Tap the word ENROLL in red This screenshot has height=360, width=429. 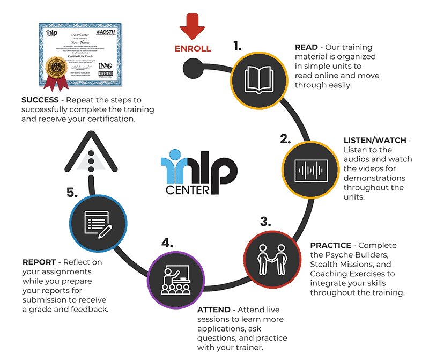tap(193, 49)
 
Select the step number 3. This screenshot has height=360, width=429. tap(265, 222)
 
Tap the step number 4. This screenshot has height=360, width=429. tap(167, 243)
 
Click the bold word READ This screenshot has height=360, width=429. tap(306, 47)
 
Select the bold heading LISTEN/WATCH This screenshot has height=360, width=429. tap(375, 141)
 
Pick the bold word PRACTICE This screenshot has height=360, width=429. tap(330, 245)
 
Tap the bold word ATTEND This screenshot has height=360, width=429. tap(214, 310)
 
